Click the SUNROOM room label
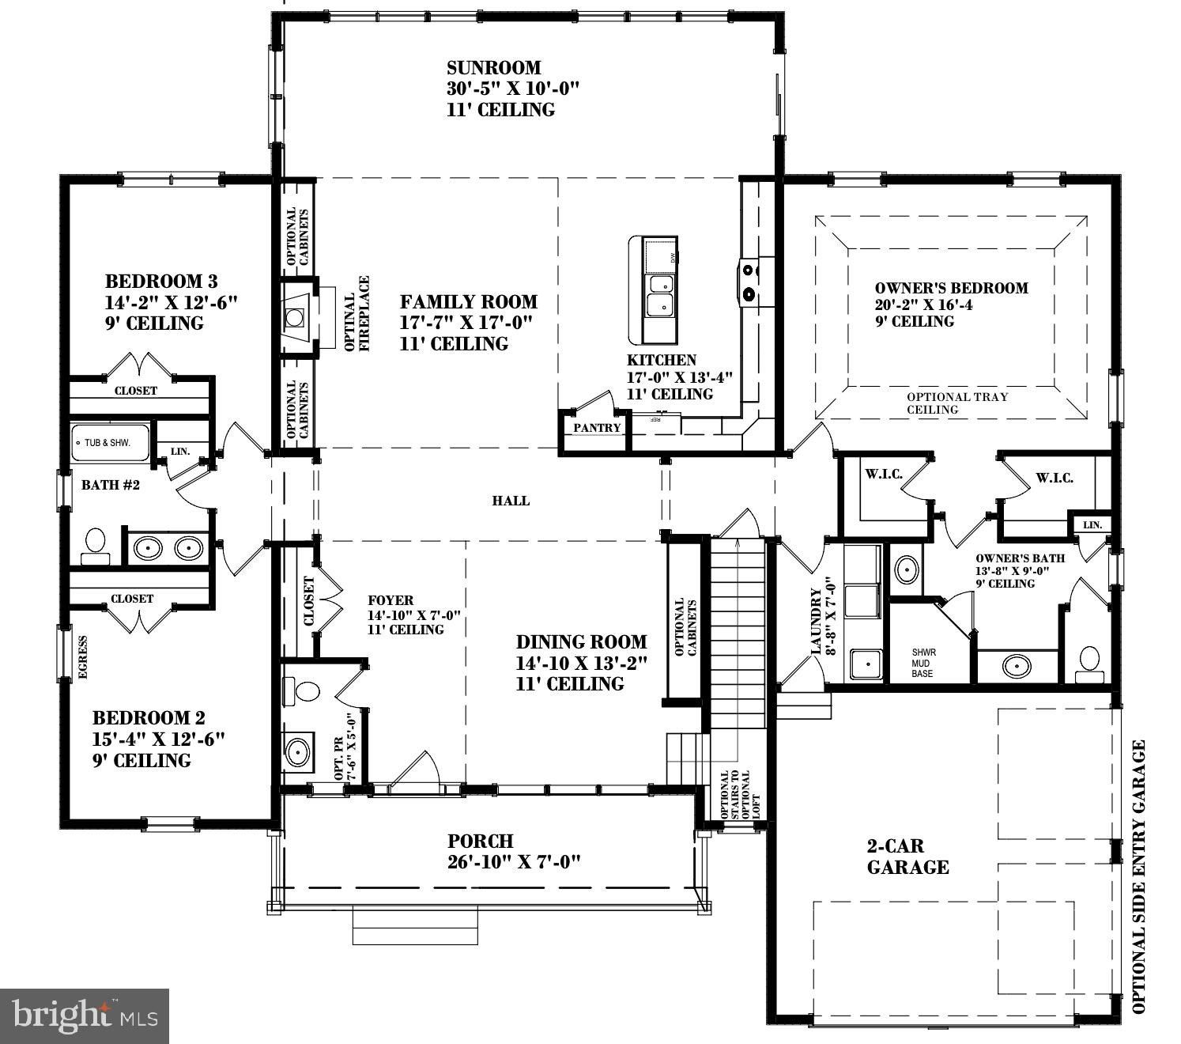493,68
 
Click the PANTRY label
597,428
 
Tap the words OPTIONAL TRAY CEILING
956,403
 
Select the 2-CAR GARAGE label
907,857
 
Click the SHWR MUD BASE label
923,663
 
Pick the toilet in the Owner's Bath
1089,663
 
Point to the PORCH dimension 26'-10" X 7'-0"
514,861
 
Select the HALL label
511,501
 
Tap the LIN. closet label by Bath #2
180,452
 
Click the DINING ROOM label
581,642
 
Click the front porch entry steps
415,925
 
